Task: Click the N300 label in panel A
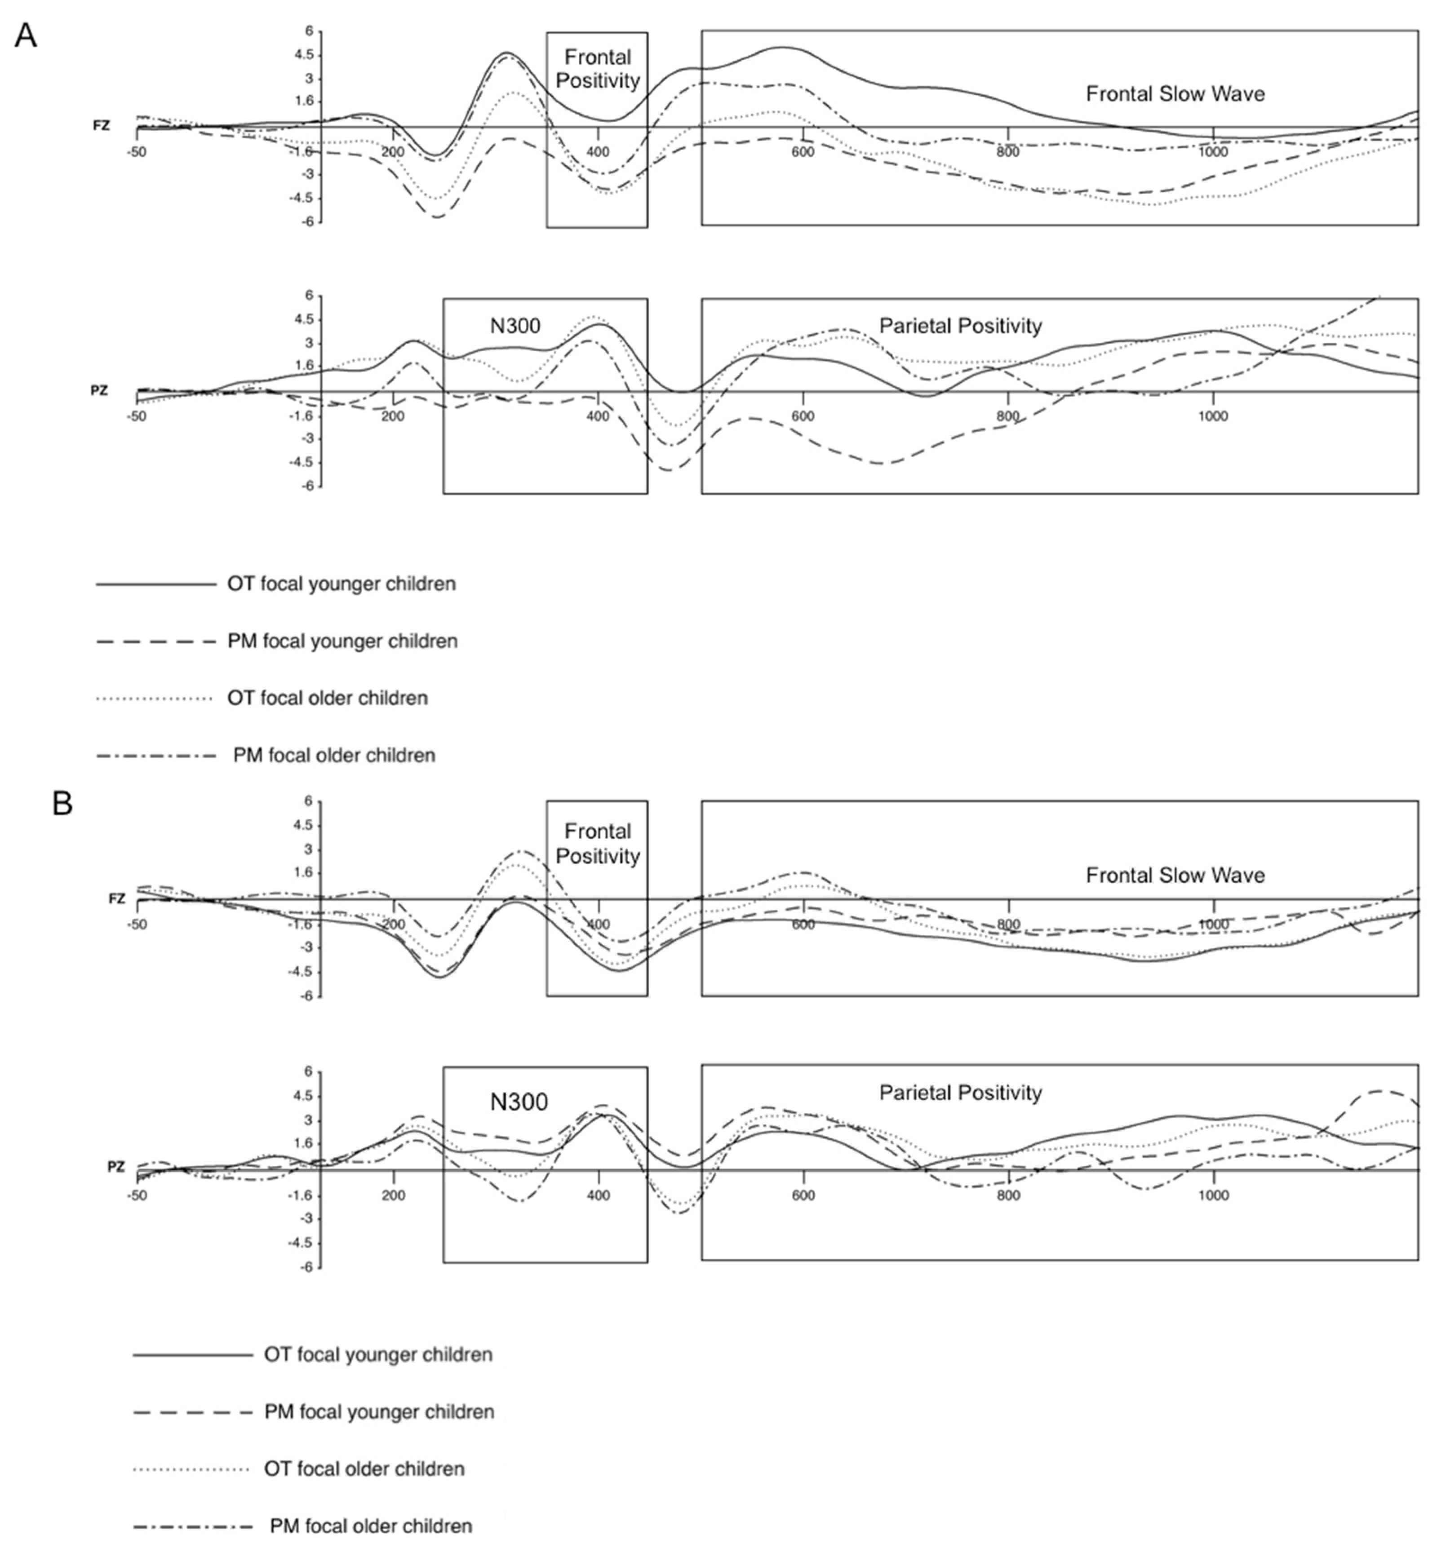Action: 515,326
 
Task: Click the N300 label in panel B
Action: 519,1102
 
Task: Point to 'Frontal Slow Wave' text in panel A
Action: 1175,94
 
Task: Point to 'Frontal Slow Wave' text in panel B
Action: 1175,876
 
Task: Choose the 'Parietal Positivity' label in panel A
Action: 960,326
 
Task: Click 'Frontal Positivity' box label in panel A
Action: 598,69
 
